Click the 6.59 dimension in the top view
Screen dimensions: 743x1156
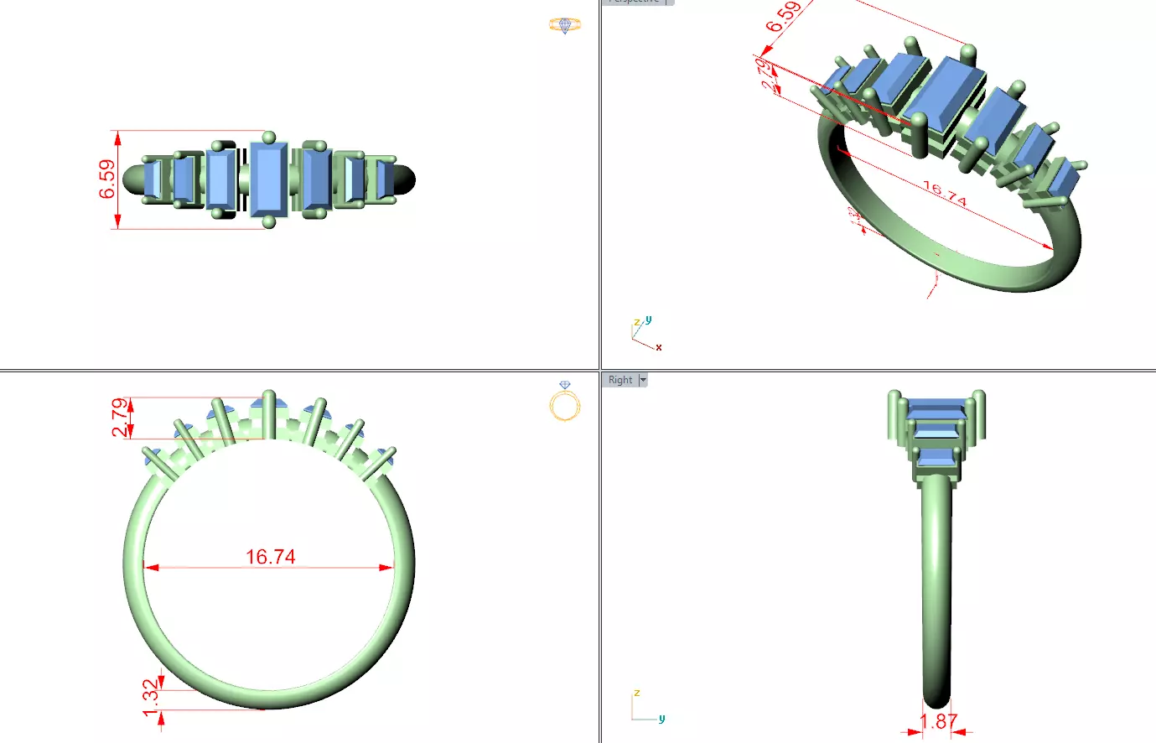tap(107, 179)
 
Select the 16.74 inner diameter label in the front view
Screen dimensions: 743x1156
tap(270, 557)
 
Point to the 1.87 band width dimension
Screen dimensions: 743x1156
tap(938, 722)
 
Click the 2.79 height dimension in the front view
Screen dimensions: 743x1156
tap(121, 418)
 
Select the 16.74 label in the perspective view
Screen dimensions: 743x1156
tap(945, 194)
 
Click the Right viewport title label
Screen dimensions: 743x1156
tap(620, 380)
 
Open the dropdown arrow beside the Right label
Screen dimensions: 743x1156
tap(643, 380)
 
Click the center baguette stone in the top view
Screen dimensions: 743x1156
tap(269, 179)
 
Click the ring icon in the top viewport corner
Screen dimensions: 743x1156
tap(565, 25)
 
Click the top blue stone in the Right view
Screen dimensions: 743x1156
tap(936, 407)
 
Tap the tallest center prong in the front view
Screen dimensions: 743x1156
tap(268, 413)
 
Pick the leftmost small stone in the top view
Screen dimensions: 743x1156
tap(153, 179)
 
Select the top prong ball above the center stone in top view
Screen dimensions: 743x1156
tap(268, 138)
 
